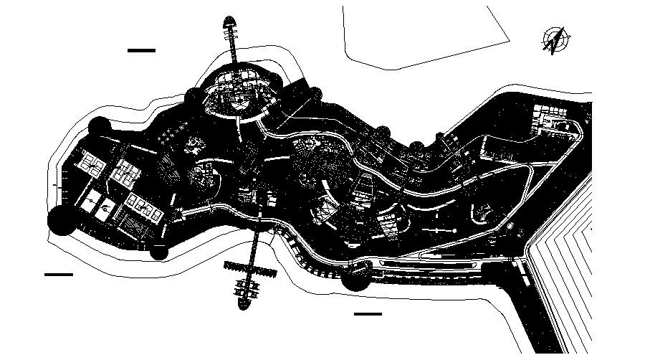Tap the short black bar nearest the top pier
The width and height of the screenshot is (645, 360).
click(x=141, y=50)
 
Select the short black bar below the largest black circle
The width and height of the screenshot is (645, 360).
click(x=59, y=275)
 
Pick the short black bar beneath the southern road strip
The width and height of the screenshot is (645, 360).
click(x=368, y=313)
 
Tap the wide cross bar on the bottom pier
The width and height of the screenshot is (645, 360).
click(x=250, y=270)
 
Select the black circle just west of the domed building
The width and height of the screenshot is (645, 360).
click(x=193, y=97)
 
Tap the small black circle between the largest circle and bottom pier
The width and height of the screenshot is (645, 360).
click(x=158, y=251)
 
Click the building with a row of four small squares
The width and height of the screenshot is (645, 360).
click(x=143, y=209)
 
